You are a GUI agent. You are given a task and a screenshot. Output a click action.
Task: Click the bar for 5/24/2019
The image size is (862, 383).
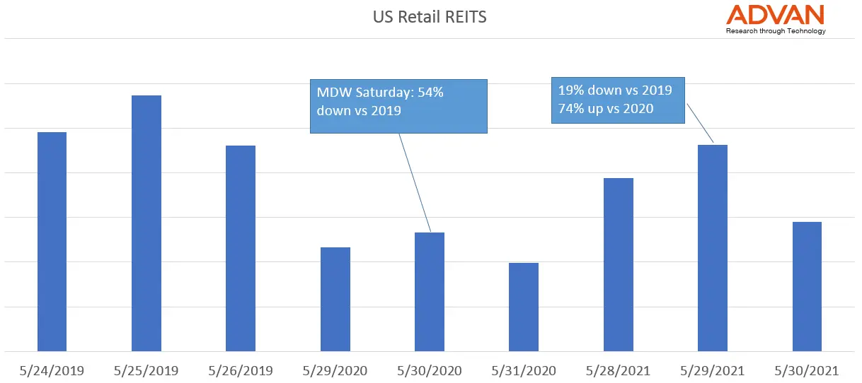pyautogui.click(x=52, y=242)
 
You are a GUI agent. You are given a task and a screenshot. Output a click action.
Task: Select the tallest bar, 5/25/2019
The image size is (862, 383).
pyautogui.click(x=146, y=223)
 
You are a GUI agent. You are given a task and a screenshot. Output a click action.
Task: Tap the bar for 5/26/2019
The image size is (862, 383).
pyautogui.click(x=241, y=248)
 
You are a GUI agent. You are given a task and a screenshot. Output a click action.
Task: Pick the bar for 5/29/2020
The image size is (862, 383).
pyautogui.click(x=335, y=299)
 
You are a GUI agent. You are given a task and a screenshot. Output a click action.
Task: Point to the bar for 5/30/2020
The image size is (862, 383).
pyautogui.click(x=430, y=292)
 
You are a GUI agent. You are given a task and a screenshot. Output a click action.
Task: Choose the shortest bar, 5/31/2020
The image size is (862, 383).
pyautogui.click(x=524, y=307)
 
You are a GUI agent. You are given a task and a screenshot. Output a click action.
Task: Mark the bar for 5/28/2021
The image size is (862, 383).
pyautogui.click(x=619, y=264)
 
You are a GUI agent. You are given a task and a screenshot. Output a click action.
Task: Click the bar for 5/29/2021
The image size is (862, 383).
pyautogui.click(x=713, y=248)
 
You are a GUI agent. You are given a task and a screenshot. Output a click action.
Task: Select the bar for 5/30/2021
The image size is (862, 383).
pyautogui.click(x=807, y=286)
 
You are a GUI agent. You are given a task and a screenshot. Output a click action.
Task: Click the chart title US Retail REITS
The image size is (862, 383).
pyautogui.click(x=430, y=16)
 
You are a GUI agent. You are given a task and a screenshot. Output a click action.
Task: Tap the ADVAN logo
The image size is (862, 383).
pyautogui.click(x=776, y=15)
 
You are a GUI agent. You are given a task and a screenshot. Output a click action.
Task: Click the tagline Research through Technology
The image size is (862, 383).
pyautogui.click(x=776, y=31)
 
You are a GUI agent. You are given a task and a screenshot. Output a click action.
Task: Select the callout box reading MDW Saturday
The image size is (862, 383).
pyautogui.click(x=399, y=105)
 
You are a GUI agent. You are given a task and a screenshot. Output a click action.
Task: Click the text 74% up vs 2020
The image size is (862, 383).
pyautogui.click(x=606, y=109)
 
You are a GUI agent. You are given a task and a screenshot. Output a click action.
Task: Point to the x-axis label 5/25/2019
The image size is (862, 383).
pyautogui.click(x=146, y=370)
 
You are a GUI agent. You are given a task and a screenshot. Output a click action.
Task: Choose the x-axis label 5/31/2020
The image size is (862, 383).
pyautogui.click(x=524, y=370)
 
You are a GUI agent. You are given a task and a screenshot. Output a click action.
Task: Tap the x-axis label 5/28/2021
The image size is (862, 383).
pyautogui.click(x=619, y=370)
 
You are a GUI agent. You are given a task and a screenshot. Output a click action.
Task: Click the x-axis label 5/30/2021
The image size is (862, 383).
pyautogui.click(x=807, y=370)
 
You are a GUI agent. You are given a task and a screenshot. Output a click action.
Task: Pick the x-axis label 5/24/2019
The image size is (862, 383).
pyautogui.click(x=52, y=370)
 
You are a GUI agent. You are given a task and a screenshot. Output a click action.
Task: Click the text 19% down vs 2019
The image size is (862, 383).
pyautogui.click(x=616, y=91)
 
